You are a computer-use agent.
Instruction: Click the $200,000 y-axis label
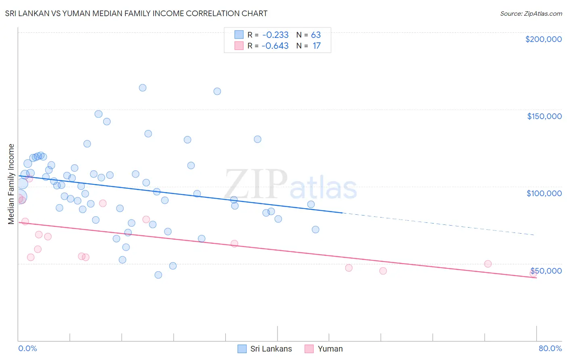(543, 39)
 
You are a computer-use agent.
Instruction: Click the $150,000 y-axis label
(544, 116)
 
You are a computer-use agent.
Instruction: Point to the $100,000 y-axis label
(544, 193)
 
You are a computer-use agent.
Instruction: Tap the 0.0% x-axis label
(27, 348)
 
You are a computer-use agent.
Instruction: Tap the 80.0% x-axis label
(550, 348)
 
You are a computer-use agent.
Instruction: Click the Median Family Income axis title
(11, 184)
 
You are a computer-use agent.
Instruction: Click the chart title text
(136, 13)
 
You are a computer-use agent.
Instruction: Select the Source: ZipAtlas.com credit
(531, 13)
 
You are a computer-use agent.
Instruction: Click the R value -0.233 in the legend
(275, 35)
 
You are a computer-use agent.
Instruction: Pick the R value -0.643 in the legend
(275, 46)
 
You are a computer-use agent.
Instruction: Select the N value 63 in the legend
(316, 35)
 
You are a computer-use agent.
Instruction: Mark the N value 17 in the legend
(317, 46)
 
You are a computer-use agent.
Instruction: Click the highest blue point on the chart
(142, 88)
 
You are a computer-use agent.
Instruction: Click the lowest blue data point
(158, 275)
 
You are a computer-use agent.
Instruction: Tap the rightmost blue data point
(315, 230)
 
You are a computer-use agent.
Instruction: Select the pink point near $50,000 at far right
(488, 264)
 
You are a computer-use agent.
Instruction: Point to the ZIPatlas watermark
(290, 184)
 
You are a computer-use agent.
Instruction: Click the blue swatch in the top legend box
(239, 35)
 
